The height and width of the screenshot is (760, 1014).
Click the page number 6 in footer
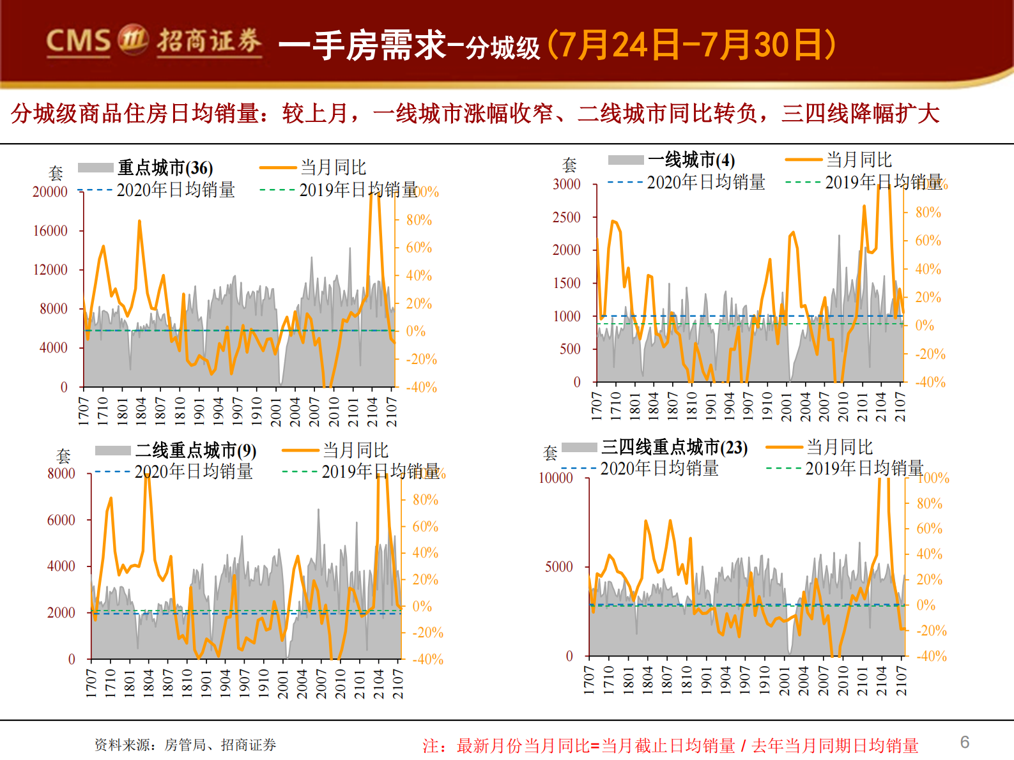click(964, 742)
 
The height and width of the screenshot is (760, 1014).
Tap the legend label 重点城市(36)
click(165, 168)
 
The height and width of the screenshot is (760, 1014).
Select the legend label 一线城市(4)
click(691, 160)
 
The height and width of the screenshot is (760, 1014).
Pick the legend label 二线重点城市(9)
click(196, 451)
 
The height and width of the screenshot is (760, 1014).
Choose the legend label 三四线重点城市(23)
click(674, 447)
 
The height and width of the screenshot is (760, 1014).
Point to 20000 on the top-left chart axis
click(50, 192)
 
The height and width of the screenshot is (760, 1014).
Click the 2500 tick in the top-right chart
click(566, 217)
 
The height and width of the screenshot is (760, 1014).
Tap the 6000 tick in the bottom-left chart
click(61, 520)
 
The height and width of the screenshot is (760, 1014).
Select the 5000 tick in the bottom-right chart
click(558, 566)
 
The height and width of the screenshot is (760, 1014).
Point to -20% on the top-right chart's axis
click(930, 354)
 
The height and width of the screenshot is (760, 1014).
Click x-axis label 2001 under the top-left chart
click(276, 411)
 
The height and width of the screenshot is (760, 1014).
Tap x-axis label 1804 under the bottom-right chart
click(647, 680)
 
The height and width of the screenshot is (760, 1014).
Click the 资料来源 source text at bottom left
click(185, 745)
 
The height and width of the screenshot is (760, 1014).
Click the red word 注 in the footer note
click(431, 745)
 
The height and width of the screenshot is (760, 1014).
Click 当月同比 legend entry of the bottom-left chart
click(355, 450)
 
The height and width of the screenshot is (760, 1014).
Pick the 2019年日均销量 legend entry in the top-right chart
click(883, 183)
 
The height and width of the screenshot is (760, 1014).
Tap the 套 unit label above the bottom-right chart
click(550, 453)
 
